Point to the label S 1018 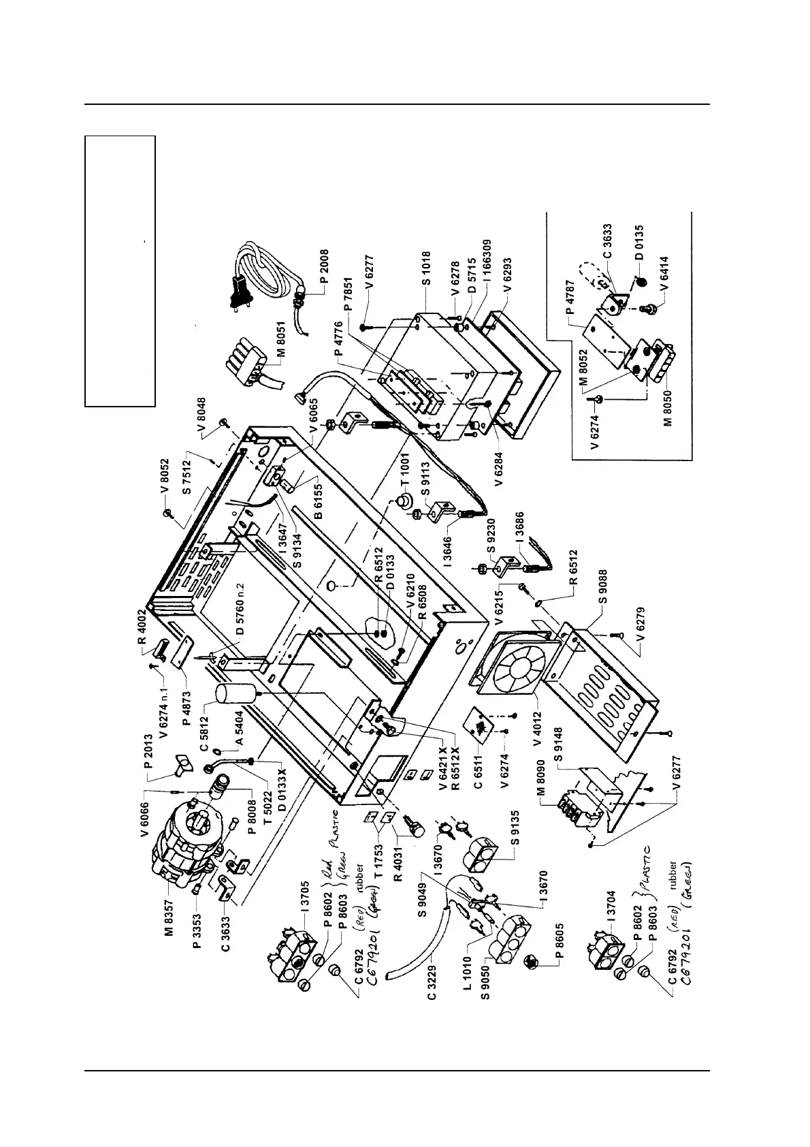425,268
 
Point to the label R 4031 401,862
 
